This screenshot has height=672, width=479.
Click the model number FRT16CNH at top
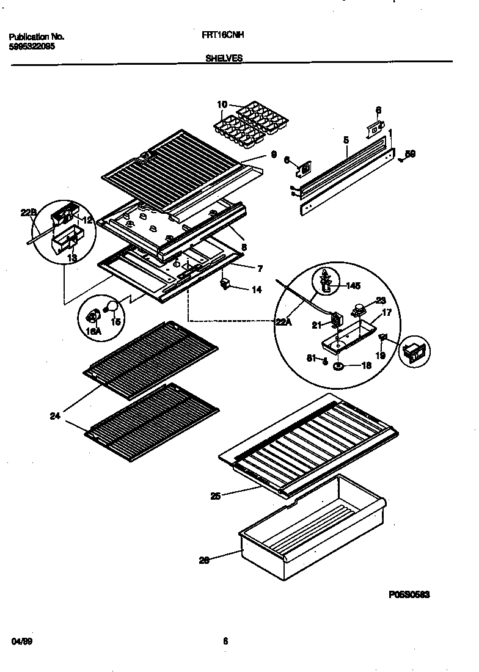(x=222, y=36)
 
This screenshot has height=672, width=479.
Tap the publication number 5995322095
(x=32, y=46)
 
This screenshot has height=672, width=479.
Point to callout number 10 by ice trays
(x=221, y=104)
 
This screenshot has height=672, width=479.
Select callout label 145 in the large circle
(x=354, y=285)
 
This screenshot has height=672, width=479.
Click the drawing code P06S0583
(x=409, y=594)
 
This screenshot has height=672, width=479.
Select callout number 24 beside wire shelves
(x=56, y=417)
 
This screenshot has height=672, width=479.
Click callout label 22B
(x=29, y=212)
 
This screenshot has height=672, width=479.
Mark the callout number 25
(x=215, y=496)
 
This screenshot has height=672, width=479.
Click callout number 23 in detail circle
(x=381, y=300)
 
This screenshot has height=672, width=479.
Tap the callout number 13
(x=72, y=258)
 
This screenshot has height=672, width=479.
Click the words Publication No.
(x=37, y=37)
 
